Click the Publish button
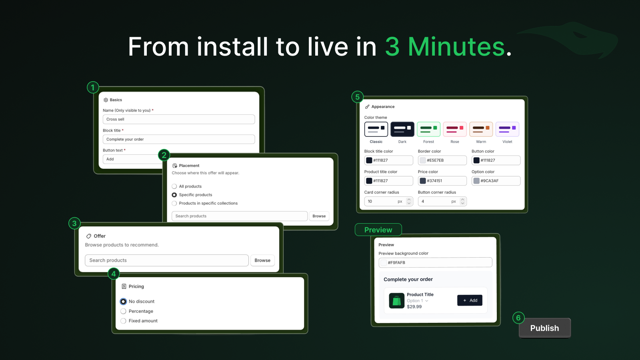pos(544,328)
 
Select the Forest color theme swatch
pos(428,129)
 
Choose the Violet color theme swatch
pos(507,129)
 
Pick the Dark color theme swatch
pos(402,129)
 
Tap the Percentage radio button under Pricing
pos(123,311)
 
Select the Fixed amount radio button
pos(123,321)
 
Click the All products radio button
pos(174,186)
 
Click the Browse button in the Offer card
pos(262,260)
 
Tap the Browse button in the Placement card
pos(319,216)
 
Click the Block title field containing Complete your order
pos(179,139)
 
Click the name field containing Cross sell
pos(179,119)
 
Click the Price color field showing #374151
pos(442,180)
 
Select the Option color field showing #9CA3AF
pos(496,180)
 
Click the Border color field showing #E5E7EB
pos(442,160)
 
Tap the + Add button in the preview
pos(470,300)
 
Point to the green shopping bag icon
pos(396,300)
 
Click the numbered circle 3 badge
pos(74,223)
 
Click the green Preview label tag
pos(378,230)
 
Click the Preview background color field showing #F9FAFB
pos(435,262)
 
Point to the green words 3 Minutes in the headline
pos(445,46)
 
